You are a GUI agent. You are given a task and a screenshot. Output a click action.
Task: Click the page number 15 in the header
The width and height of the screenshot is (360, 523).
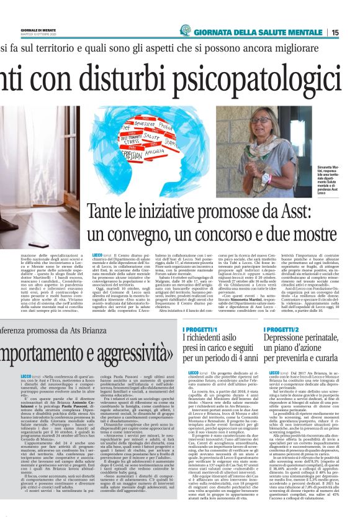[352, 32]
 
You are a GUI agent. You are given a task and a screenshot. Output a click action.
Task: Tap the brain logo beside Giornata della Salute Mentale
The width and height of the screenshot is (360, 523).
[185, 30]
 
